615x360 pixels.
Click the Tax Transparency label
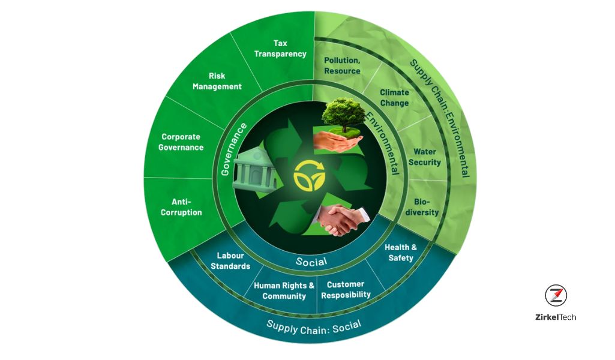280,49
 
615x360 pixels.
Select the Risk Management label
217,81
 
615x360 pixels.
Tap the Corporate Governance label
181,142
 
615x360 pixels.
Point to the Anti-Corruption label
181,207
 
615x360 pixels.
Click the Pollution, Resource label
342,65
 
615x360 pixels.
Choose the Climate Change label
394,98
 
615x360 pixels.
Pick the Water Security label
425,157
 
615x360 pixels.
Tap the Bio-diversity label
422,207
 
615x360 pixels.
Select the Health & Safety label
401,253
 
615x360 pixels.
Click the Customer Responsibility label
346,289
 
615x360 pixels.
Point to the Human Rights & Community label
284,290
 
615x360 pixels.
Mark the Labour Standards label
230,261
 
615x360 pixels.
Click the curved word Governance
234,149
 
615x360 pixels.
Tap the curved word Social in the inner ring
311,262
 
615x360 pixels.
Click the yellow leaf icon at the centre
310,176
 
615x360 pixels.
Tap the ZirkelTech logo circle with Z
556,295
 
